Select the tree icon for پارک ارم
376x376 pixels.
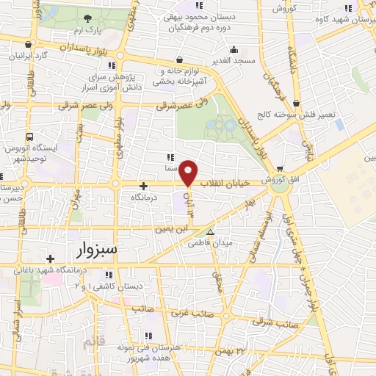(87, 19)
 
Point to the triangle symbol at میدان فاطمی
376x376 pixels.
(211, 233)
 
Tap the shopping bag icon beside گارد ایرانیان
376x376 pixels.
(28, 44)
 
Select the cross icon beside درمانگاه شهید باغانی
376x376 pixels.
(50, 258)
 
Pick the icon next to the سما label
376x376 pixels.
(170, 157)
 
